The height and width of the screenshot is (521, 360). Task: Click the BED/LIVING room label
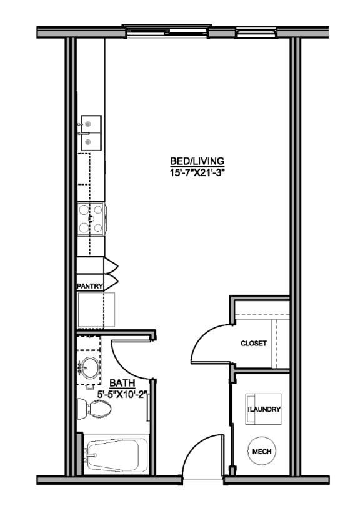[x=197, y=161]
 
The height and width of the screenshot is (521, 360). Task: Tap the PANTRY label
[x=89, y=285]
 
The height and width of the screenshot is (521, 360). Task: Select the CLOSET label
[x=254, y=344]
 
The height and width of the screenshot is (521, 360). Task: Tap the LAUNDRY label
[x=265, y=409]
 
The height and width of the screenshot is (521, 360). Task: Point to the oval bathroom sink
[x=91, y=367]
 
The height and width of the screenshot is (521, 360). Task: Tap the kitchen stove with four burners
[x=91, y=219]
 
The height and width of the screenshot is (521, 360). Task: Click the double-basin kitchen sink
[x=90, y=133]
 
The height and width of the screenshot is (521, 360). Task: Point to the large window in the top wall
[x=166, y=29]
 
